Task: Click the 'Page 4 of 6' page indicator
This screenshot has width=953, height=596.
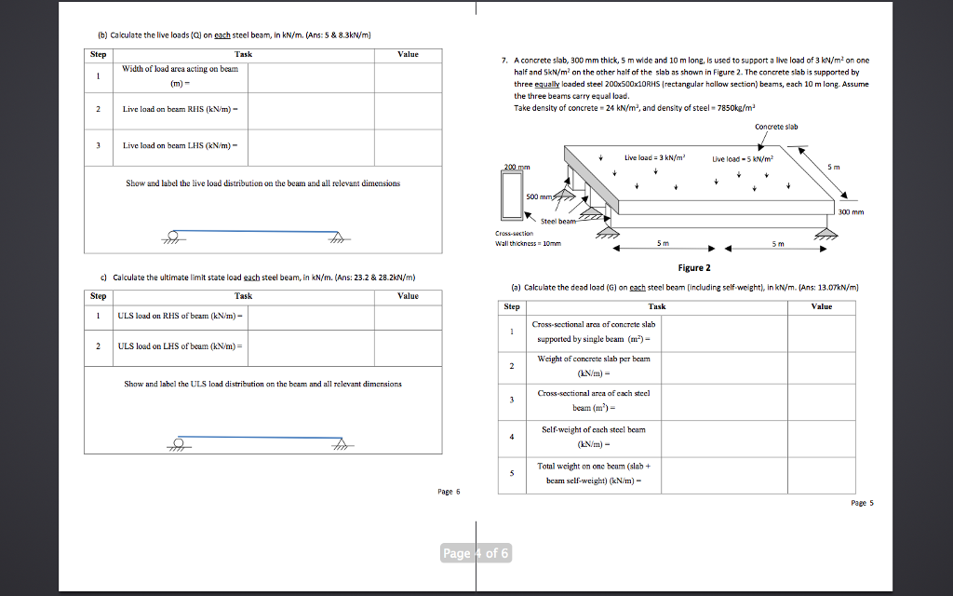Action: tap(476, 553)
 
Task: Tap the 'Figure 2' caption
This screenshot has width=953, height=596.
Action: tap(694, 267)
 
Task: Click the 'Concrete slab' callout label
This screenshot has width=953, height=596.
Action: tap(776, 127)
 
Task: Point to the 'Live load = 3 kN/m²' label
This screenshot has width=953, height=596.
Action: tap(655, 158)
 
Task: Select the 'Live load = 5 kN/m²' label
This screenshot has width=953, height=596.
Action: tap(743, 159)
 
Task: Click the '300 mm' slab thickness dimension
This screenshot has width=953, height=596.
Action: tap(851, 212)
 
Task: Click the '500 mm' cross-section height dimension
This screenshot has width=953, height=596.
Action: tap(539, 197)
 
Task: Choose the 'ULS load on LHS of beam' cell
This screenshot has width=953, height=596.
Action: tap(181, 345)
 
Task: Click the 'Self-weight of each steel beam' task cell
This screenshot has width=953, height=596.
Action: tap(593, 435)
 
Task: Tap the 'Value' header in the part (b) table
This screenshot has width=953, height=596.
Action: tap(408, 54)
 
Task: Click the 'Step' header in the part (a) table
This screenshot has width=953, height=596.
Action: tap(512, 305)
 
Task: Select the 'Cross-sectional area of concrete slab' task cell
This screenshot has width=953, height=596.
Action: tap(593, 331)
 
